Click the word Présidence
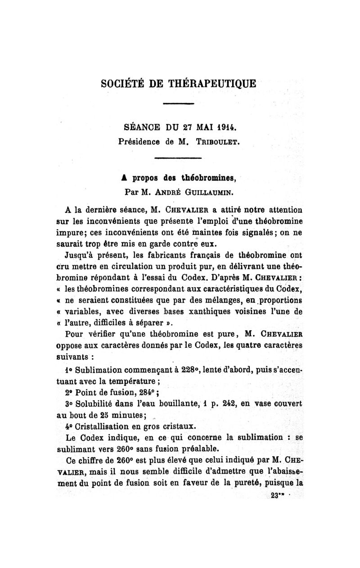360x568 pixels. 139,141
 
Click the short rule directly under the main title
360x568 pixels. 178,104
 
